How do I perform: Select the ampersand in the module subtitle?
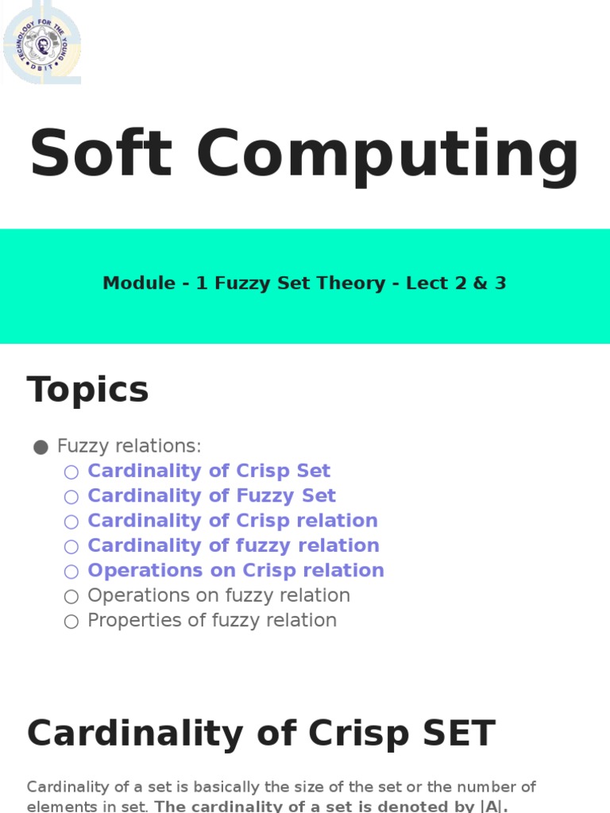477,283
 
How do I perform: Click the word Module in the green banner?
139,283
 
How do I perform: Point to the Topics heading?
88,390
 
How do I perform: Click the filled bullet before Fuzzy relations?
41,447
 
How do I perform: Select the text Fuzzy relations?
129,446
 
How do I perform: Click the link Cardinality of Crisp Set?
209,471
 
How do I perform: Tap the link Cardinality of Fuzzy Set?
211,495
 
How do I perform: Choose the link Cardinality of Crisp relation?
233,521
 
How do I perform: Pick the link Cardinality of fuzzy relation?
234,545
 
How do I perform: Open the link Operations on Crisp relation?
236,570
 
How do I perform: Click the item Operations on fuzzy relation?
218,595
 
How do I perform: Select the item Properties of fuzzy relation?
212,620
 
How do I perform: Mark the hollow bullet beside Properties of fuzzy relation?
71,621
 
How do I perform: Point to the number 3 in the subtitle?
500,283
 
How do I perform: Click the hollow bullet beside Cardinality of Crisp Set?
71,472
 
